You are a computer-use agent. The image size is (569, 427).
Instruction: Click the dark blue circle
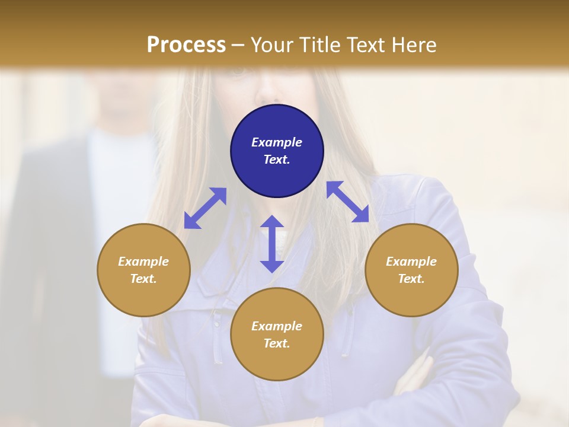277,151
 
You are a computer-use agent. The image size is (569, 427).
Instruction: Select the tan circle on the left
143,270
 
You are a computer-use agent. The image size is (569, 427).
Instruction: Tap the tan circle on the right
411,270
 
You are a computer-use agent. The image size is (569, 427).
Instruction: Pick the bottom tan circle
277,334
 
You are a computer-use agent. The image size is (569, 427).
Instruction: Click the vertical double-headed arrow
272,244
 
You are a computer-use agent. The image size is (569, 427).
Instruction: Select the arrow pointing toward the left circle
205,208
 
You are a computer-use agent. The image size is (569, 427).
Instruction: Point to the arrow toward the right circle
348,202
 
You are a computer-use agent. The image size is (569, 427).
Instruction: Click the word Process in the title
186,44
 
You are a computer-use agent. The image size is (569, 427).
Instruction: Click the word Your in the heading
270,44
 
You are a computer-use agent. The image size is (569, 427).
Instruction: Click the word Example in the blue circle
277,142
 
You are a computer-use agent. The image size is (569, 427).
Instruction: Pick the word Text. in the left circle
143,279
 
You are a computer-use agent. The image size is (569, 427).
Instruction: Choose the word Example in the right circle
411,262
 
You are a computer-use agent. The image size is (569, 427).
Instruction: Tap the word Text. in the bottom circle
277,343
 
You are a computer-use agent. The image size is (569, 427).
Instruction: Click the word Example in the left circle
143,262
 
